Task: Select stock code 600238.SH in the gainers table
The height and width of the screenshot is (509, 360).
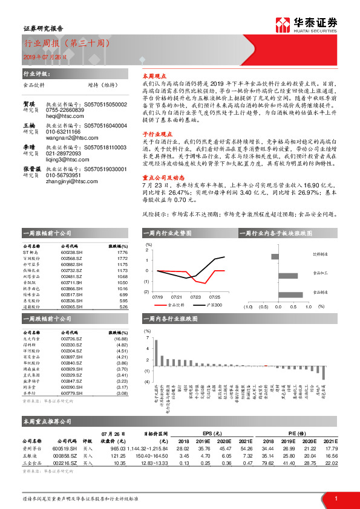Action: [x=71, y=253]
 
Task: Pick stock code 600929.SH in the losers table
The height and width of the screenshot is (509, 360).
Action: [x=71, y=369]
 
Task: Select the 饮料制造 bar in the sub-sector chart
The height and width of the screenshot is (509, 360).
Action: [x=275, y=256]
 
